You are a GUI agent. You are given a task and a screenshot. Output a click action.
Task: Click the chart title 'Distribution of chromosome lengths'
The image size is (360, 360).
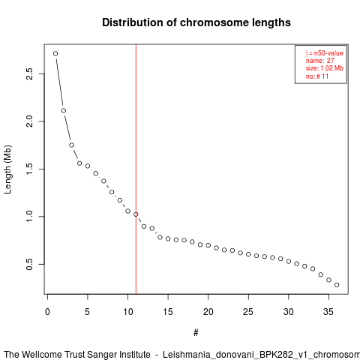(196, 22)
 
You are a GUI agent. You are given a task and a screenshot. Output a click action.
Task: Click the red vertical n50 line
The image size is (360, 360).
(136, 169)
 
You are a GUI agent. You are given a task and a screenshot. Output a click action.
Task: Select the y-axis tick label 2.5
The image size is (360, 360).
(29, 73)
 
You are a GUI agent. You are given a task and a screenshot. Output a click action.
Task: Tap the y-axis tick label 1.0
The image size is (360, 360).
(29, 217)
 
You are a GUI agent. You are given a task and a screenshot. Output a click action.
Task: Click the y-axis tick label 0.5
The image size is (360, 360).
(29, 264)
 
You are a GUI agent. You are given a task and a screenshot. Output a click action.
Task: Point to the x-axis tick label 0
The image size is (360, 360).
(47, 312)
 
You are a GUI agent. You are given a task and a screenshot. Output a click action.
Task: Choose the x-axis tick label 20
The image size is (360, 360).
(208, 312)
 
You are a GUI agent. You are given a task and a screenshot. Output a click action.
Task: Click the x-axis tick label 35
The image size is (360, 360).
(328, 312)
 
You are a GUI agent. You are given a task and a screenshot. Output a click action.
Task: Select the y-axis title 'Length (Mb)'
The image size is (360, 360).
(7, 169)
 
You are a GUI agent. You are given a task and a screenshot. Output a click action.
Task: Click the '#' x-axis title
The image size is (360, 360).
(196, 333)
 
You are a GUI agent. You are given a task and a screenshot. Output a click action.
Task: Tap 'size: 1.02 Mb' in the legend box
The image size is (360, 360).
(324, 68)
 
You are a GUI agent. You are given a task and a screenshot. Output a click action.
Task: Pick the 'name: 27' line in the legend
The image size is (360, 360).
(319, 61)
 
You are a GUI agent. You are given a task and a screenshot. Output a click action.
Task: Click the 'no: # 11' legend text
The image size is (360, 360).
(317, 76)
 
